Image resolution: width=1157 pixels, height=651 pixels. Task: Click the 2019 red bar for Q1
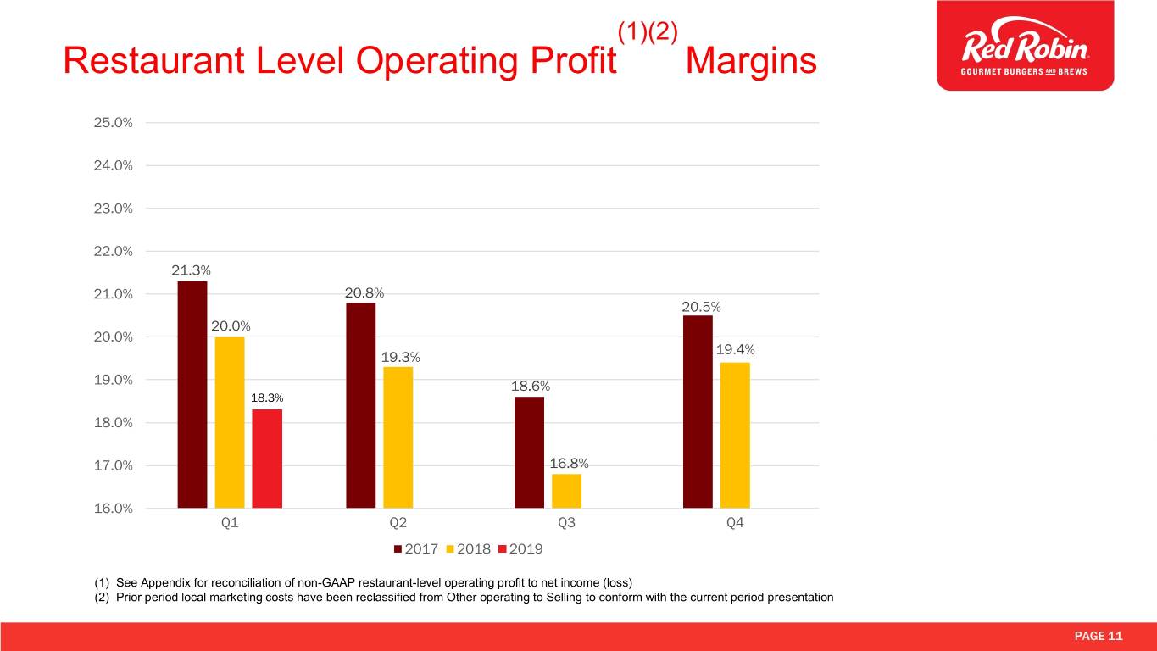point(267,459)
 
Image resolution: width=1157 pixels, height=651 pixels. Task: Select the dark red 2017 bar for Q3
point(529,452)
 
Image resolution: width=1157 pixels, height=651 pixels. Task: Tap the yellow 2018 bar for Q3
point(566,491)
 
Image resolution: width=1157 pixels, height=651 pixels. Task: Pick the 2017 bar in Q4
point(698,411)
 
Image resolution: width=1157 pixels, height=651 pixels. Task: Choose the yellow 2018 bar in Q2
point(398,437)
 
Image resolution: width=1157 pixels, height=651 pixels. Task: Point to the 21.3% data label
point(192,270)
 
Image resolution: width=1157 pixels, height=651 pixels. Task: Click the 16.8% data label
point(570,464)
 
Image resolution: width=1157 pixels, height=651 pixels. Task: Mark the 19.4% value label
point(736,350)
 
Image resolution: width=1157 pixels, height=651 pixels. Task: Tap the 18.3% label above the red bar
point(267,398)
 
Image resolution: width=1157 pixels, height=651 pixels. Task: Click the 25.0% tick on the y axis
point(113,123)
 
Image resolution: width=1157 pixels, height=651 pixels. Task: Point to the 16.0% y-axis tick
point(113,509)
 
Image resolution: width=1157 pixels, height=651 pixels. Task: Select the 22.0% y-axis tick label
point(113,252)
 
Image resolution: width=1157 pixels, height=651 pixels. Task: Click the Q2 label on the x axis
point(398,523)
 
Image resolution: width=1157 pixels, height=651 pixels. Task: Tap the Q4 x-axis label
point(735,523)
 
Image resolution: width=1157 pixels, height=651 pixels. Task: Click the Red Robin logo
point(1025,46)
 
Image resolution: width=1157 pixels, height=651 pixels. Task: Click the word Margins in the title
point(751,61)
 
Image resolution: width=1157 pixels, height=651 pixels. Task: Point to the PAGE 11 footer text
point(1099,637)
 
